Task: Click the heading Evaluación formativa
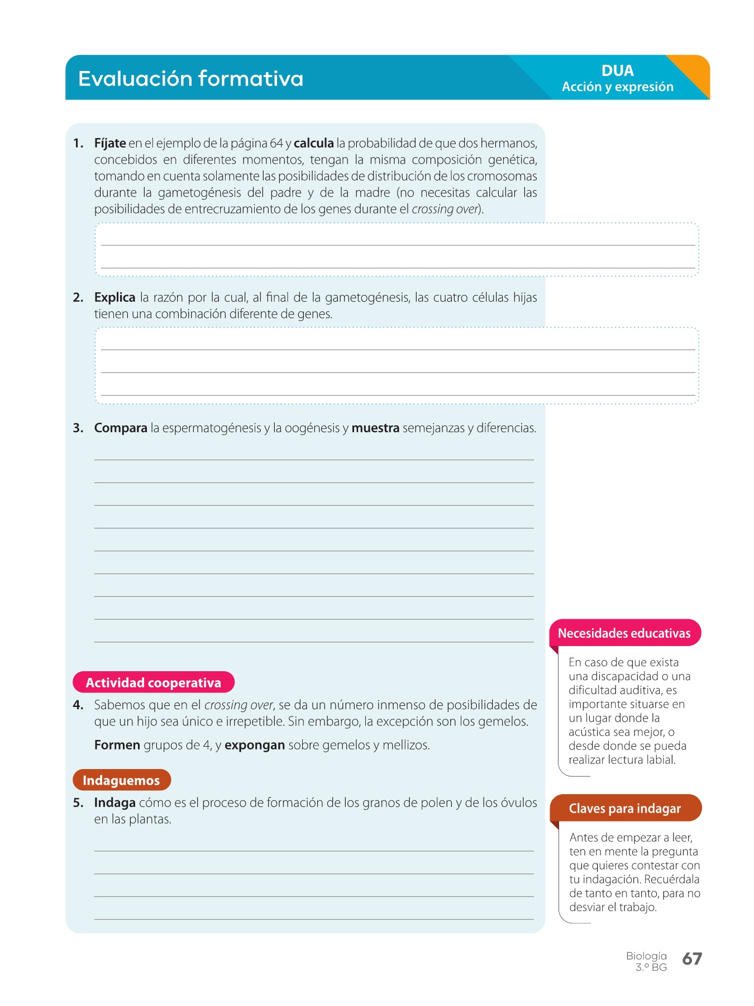190,79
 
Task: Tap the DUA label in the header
617,71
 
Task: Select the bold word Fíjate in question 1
110,144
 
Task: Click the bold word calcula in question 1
314,144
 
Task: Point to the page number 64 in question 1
276,144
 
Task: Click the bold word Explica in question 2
114,297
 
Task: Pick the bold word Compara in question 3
121,428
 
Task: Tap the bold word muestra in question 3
375,428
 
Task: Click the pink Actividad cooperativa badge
154,682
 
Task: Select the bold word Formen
117,745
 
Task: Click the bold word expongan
255,745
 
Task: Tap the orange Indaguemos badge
121,780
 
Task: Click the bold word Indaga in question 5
114,803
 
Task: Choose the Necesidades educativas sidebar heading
624,633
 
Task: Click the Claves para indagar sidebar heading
625,809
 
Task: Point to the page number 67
692,959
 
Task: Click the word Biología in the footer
646,956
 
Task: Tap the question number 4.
78,705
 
